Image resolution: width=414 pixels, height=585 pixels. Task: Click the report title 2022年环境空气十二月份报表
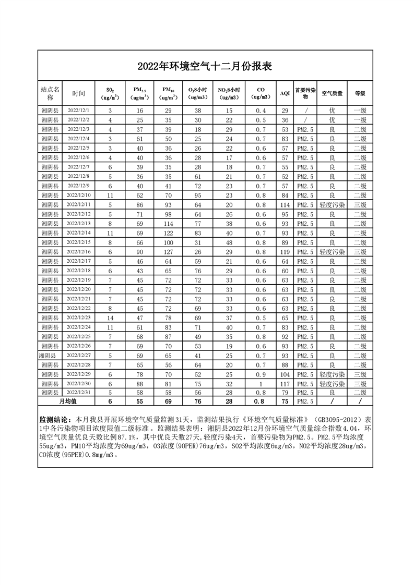(x=205, y=66)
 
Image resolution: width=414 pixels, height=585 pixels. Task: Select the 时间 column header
(x=79, y=93)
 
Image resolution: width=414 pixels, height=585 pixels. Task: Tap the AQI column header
(x=285, y=93)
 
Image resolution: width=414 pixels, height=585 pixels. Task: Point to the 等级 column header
(x=360, y=93)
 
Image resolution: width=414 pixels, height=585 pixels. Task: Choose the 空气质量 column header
(x=332, y=93)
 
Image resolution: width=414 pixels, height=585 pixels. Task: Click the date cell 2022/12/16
(x=79, y=251)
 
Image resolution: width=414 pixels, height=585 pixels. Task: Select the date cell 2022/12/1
(x=79, y=111)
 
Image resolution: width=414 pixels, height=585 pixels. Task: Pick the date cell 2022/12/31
(x=79, y=392)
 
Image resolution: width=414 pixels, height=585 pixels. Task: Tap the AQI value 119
(x=285, y=251)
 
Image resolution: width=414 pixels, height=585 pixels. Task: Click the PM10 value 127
(x=169, y=251)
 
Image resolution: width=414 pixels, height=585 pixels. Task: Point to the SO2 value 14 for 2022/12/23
(x=110, y=317)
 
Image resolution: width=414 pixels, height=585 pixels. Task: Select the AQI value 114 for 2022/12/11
(x=285, y=204)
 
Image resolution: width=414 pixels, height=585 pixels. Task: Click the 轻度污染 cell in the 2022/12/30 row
(x=332, y=383)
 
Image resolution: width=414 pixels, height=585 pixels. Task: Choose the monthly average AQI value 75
(x=285, y=401)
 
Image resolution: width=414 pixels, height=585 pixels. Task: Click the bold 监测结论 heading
(x=56, y=419)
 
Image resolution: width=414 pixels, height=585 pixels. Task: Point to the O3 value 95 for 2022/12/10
(x=198, y=195)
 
